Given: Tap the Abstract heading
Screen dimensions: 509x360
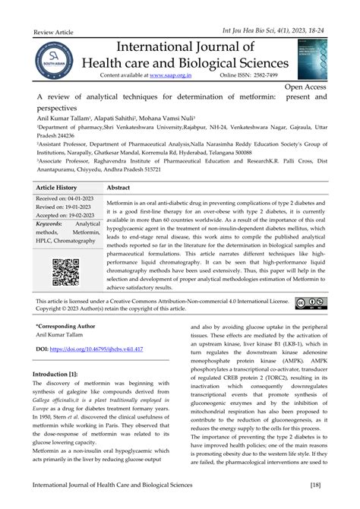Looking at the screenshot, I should click(124, 186).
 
